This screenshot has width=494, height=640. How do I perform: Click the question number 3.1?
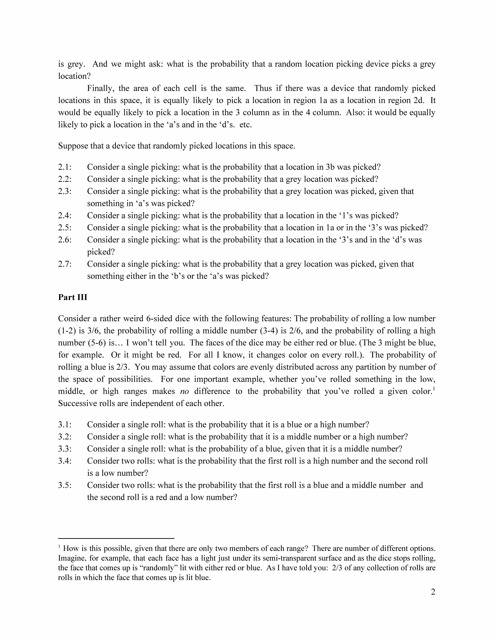click(65, 424)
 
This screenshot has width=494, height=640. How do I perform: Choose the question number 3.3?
click(65, 449)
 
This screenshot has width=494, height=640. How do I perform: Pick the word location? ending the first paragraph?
click(74, 76)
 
